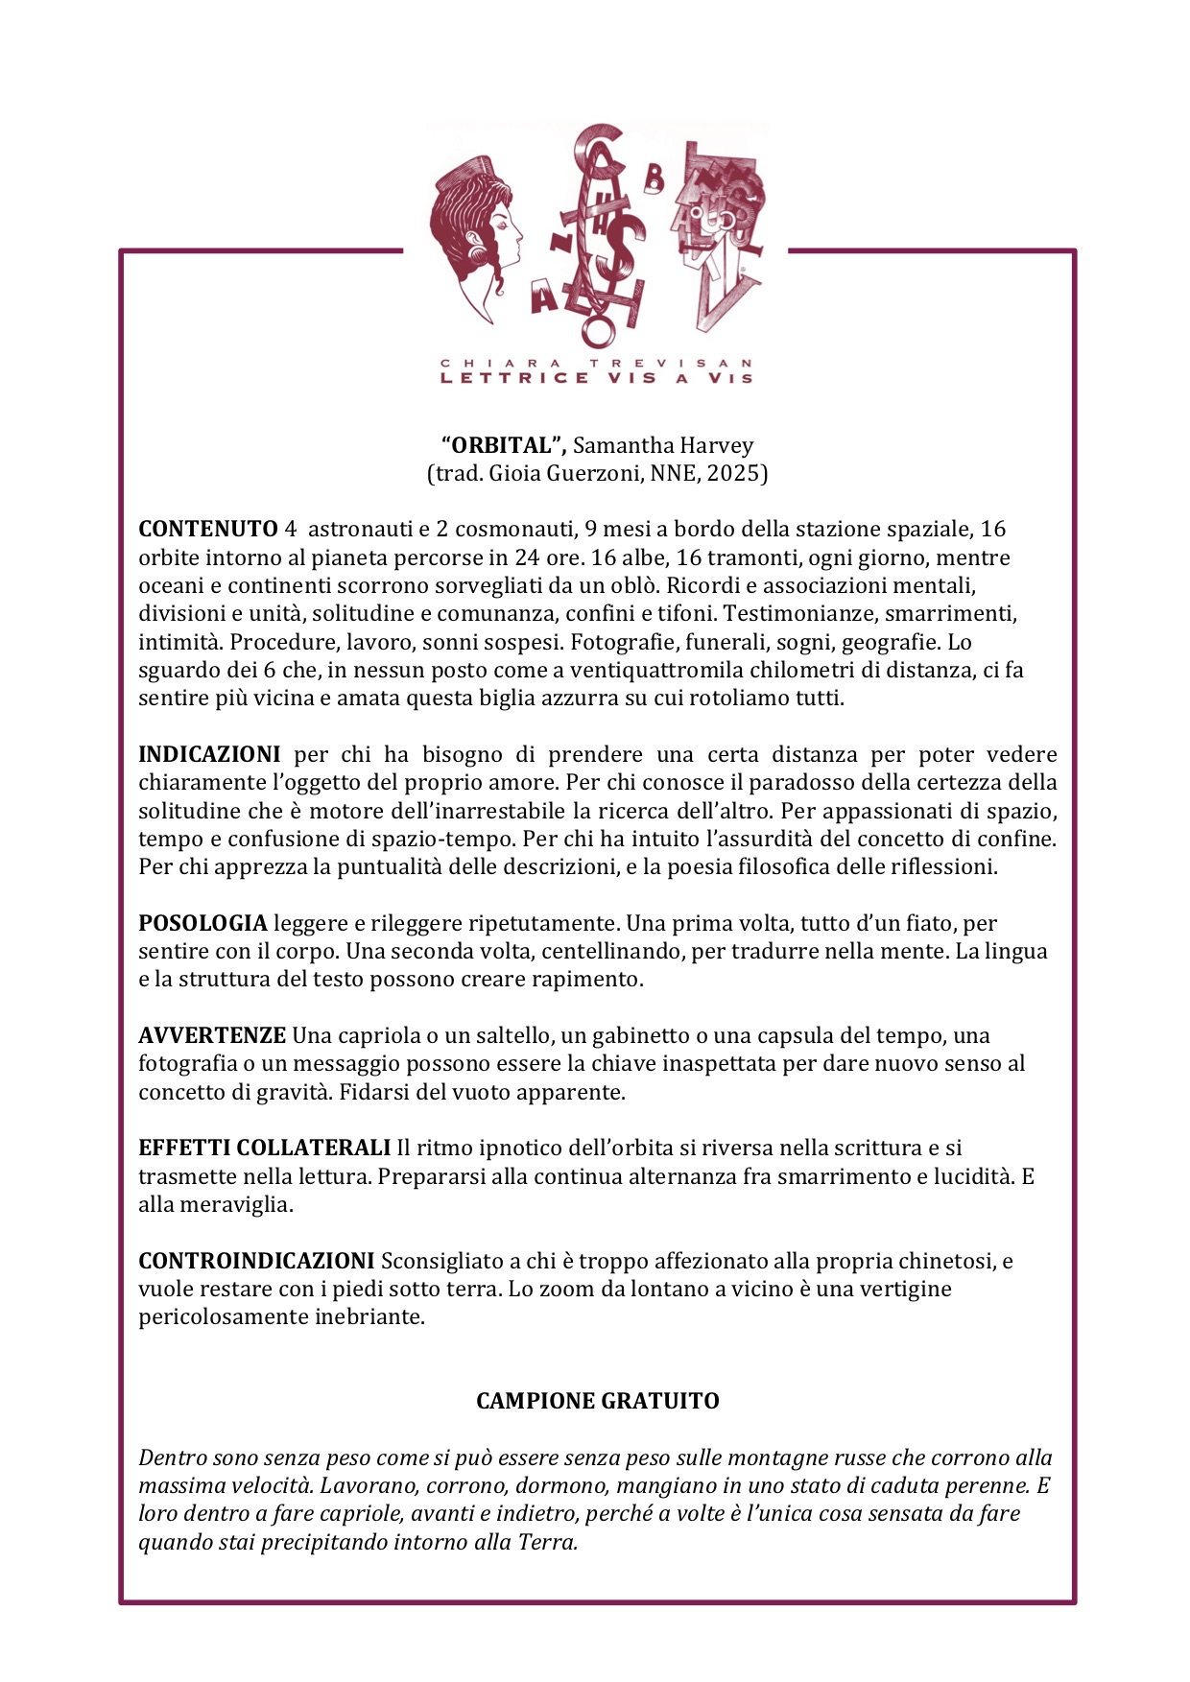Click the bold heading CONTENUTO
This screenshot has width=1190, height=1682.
(207, 529)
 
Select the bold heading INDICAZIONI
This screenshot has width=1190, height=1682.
(209, 754)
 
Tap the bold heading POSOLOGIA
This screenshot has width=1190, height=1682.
(202, 923)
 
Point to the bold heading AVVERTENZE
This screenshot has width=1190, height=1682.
(212, 1035)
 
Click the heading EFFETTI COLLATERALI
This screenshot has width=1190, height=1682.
(264, 1148)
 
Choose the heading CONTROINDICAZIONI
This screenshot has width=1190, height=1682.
(256, 1260)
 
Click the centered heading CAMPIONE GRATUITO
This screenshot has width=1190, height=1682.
(597, 1401)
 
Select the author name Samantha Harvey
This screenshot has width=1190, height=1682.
(663, 445)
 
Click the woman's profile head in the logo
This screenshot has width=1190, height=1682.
(477, 230)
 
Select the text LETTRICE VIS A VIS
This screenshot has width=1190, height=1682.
(596, 378)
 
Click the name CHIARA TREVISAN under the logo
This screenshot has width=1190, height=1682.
(596, 364)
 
